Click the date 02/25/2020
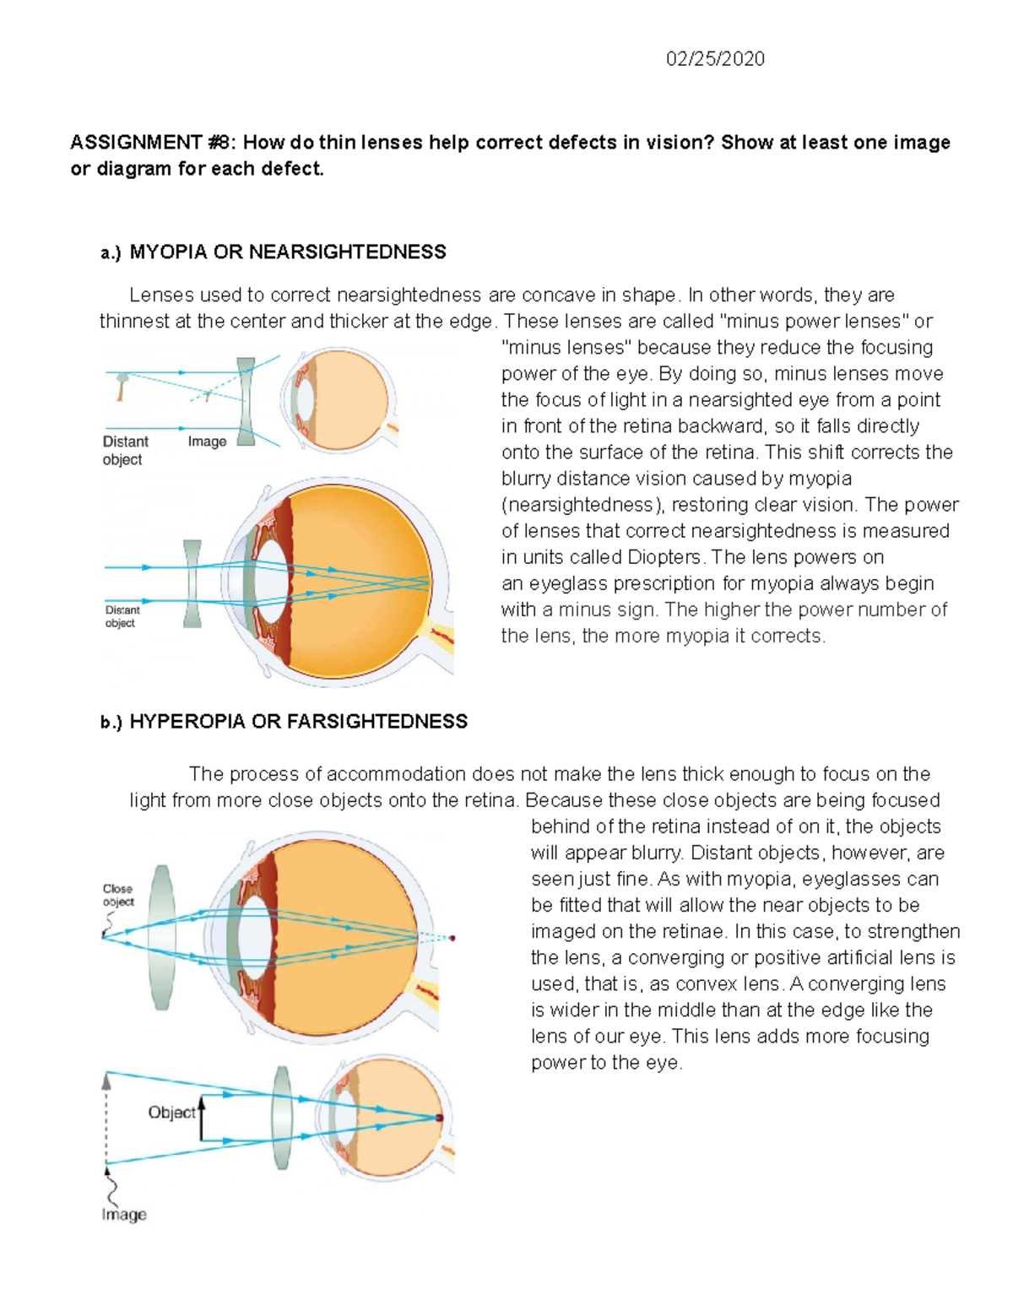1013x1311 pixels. coord(715,59)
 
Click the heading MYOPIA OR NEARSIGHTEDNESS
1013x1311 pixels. coord(287,252)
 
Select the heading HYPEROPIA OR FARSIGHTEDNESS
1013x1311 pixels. coord(298,722)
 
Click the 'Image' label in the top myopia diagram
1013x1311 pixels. coord(207,442)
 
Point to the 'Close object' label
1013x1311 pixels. coord(118,895)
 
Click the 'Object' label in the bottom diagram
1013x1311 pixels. coord(171,1113)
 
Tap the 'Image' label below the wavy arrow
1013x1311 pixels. coord(124,1215)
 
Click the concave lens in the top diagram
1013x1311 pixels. coord(246,401)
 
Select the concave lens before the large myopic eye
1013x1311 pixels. coord(192,583)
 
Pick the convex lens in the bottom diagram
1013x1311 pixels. coord(283,1117)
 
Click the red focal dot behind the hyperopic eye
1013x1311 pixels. coord(452,938)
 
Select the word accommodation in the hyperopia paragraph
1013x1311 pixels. coord(395,774)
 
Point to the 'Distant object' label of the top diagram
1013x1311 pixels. coord(125,450)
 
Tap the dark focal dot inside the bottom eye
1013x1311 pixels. coord(439,1118)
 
